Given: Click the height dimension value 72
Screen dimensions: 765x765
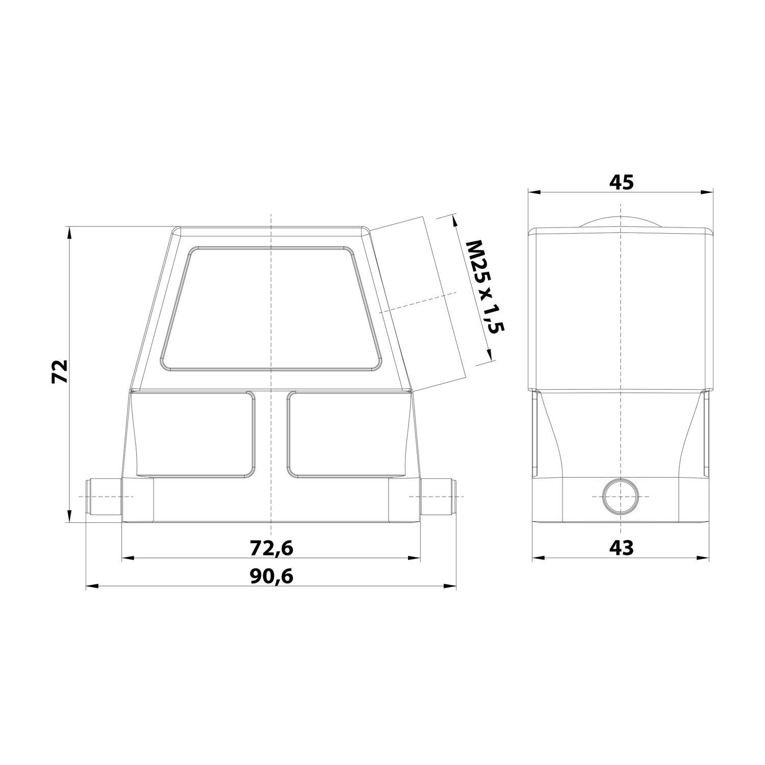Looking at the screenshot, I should (x=60, y=371).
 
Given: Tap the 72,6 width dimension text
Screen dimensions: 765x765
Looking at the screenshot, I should (x=271, y=548).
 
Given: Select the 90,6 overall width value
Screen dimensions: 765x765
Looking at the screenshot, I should (x=271, y=577).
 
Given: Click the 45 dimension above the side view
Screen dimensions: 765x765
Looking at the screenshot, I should (x=621, y=182).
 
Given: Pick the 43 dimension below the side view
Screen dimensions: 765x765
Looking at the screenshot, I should (x=621, y=548).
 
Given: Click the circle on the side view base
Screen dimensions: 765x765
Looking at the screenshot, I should (x=620, y=497).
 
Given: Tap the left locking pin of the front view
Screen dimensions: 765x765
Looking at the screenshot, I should (x=104, y=497).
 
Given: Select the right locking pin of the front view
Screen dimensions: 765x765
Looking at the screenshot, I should (x=438, y=497).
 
